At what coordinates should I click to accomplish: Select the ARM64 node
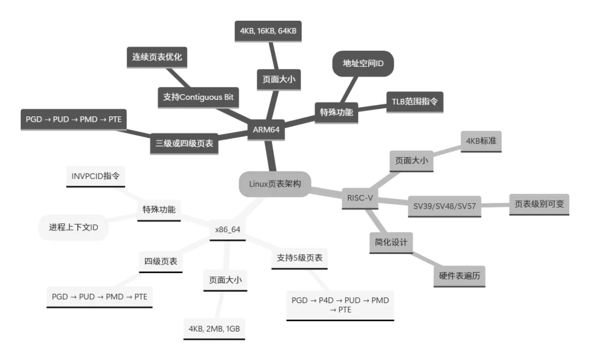[266, 129]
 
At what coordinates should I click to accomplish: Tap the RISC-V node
[359, 197]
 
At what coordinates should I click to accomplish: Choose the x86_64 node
[228, 230]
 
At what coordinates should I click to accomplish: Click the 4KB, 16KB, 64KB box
[268, 31]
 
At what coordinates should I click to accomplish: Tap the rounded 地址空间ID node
[363, 64]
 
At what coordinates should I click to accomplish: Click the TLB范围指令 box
[415, 102]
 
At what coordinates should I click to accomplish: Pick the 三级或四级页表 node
[184, 144]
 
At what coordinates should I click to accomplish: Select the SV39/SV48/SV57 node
[444, 206]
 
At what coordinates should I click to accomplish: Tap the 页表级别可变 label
[539, 204]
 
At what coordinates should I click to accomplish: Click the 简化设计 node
[391, 243]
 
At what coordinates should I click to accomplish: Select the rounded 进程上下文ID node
[73, 227]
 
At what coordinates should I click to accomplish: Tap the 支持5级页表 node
[299, 257]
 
